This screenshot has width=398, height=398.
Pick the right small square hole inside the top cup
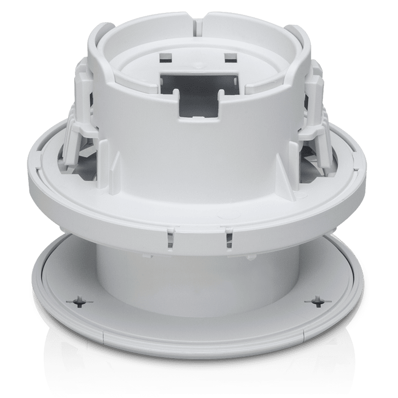(229, 59)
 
